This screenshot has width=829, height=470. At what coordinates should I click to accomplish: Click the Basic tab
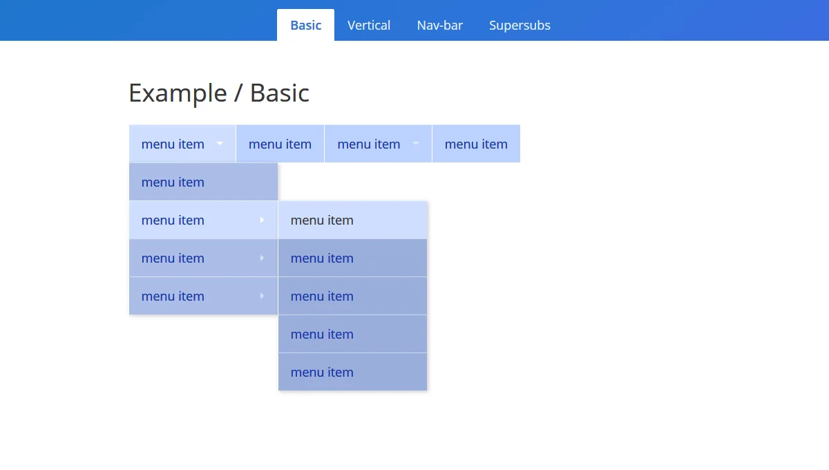point(305,26)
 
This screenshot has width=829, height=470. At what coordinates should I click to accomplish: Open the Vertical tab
point(369,26)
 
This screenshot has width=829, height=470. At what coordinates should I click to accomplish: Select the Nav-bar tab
point(440,26)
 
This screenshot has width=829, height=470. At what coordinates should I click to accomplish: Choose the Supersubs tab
point(520,26)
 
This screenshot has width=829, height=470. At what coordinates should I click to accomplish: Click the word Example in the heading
point(178,93)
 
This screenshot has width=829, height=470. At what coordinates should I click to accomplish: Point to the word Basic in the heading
point(280,93)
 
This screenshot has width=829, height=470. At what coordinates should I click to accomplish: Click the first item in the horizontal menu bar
point(173,144)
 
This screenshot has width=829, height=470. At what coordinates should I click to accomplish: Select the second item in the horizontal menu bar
point(280,144)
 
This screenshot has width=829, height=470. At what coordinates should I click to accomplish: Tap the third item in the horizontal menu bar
point(369,144)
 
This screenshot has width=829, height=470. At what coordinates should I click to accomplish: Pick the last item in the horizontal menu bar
point(476,144)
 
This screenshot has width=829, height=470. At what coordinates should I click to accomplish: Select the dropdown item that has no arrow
point(173,182)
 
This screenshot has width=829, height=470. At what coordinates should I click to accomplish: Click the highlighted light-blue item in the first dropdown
point(173,220)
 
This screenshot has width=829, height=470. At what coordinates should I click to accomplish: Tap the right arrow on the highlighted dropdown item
point(262,220)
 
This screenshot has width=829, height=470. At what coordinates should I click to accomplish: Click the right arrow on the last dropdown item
point(262,296)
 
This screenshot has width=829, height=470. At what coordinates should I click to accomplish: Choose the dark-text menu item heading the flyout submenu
point(322,220)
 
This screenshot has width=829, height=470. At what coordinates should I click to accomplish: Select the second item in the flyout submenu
point(322,258)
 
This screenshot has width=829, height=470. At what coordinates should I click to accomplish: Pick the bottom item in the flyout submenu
point(322,373)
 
